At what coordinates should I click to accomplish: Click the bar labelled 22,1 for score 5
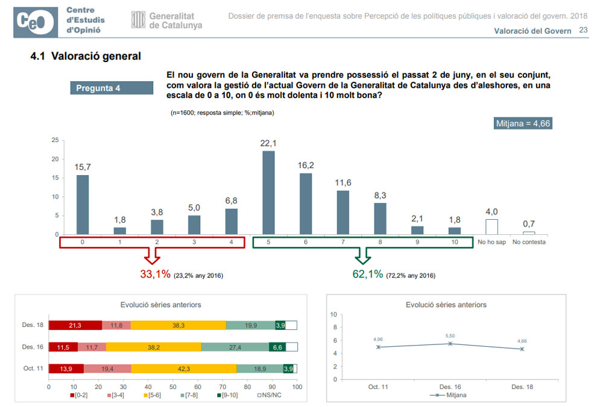point(268,193)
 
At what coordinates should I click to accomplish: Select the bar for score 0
point(83,205)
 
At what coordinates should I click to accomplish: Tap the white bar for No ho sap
point(491,226)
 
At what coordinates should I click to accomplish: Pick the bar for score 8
point(380,219)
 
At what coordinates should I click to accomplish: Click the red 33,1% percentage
point(156,275)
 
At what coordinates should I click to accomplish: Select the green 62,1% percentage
point(368,275)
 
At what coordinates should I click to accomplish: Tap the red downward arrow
point(152,256)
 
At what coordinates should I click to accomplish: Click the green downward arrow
point(363,256)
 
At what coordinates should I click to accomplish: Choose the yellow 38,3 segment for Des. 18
point(178,325)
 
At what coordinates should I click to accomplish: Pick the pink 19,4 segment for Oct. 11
point(107,368)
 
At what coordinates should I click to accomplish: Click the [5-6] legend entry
point(158,395)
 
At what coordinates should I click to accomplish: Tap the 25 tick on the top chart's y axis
point(55,140)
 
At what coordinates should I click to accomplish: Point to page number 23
point(583,30)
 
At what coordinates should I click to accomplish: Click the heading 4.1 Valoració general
point(86,57)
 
